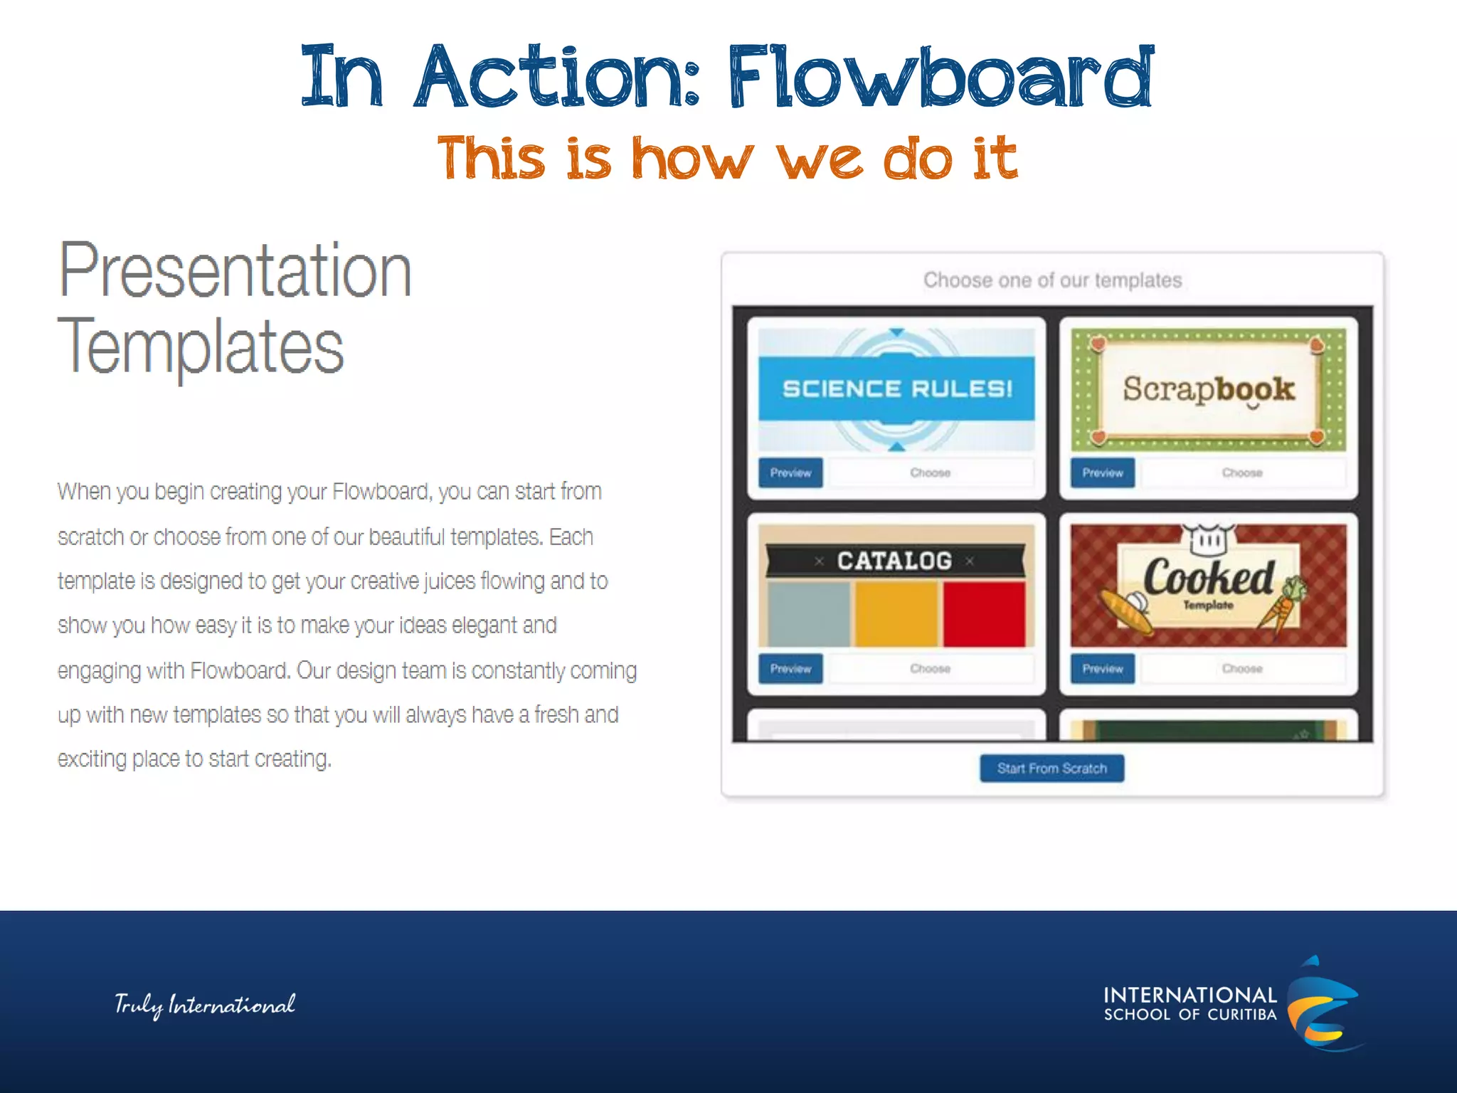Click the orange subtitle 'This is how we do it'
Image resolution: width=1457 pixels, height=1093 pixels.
[x=727, y=158]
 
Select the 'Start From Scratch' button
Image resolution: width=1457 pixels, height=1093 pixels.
[x=1051, y=769]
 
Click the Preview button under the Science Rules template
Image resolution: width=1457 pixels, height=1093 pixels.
[x=790, y=472]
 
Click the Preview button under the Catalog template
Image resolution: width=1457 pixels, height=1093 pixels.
[x=790, y=669]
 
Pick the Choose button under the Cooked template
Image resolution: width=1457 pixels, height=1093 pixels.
[x=1242, y=669]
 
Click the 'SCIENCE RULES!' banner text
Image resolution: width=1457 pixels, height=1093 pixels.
[x=896, y=389]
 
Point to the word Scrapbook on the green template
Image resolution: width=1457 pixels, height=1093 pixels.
[x=1208, y=389]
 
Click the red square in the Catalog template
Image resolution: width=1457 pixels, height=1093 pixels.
[x=984, y=613]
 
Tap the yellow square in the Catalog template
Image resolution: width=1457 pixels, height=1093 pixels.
[x=896, y=613]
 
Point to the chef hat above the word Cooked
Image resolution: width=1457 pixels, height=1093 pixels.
[x=1208, y=539]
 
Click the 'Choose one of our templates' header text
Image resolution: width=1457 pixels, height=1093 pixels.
[x=1052, y=280]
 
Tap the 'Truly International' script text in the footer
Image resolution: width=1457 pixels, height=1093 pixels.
[x=205, y=1005]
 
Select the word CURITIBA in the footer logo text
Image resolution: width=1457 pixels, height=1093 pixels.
[x=1242, y=1015]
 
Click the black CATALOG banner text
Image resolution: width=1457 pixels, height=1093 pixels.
[x=894, y=561]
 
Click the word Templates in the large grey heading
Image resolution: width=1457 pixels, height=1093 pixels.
[x=201, y=347]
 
